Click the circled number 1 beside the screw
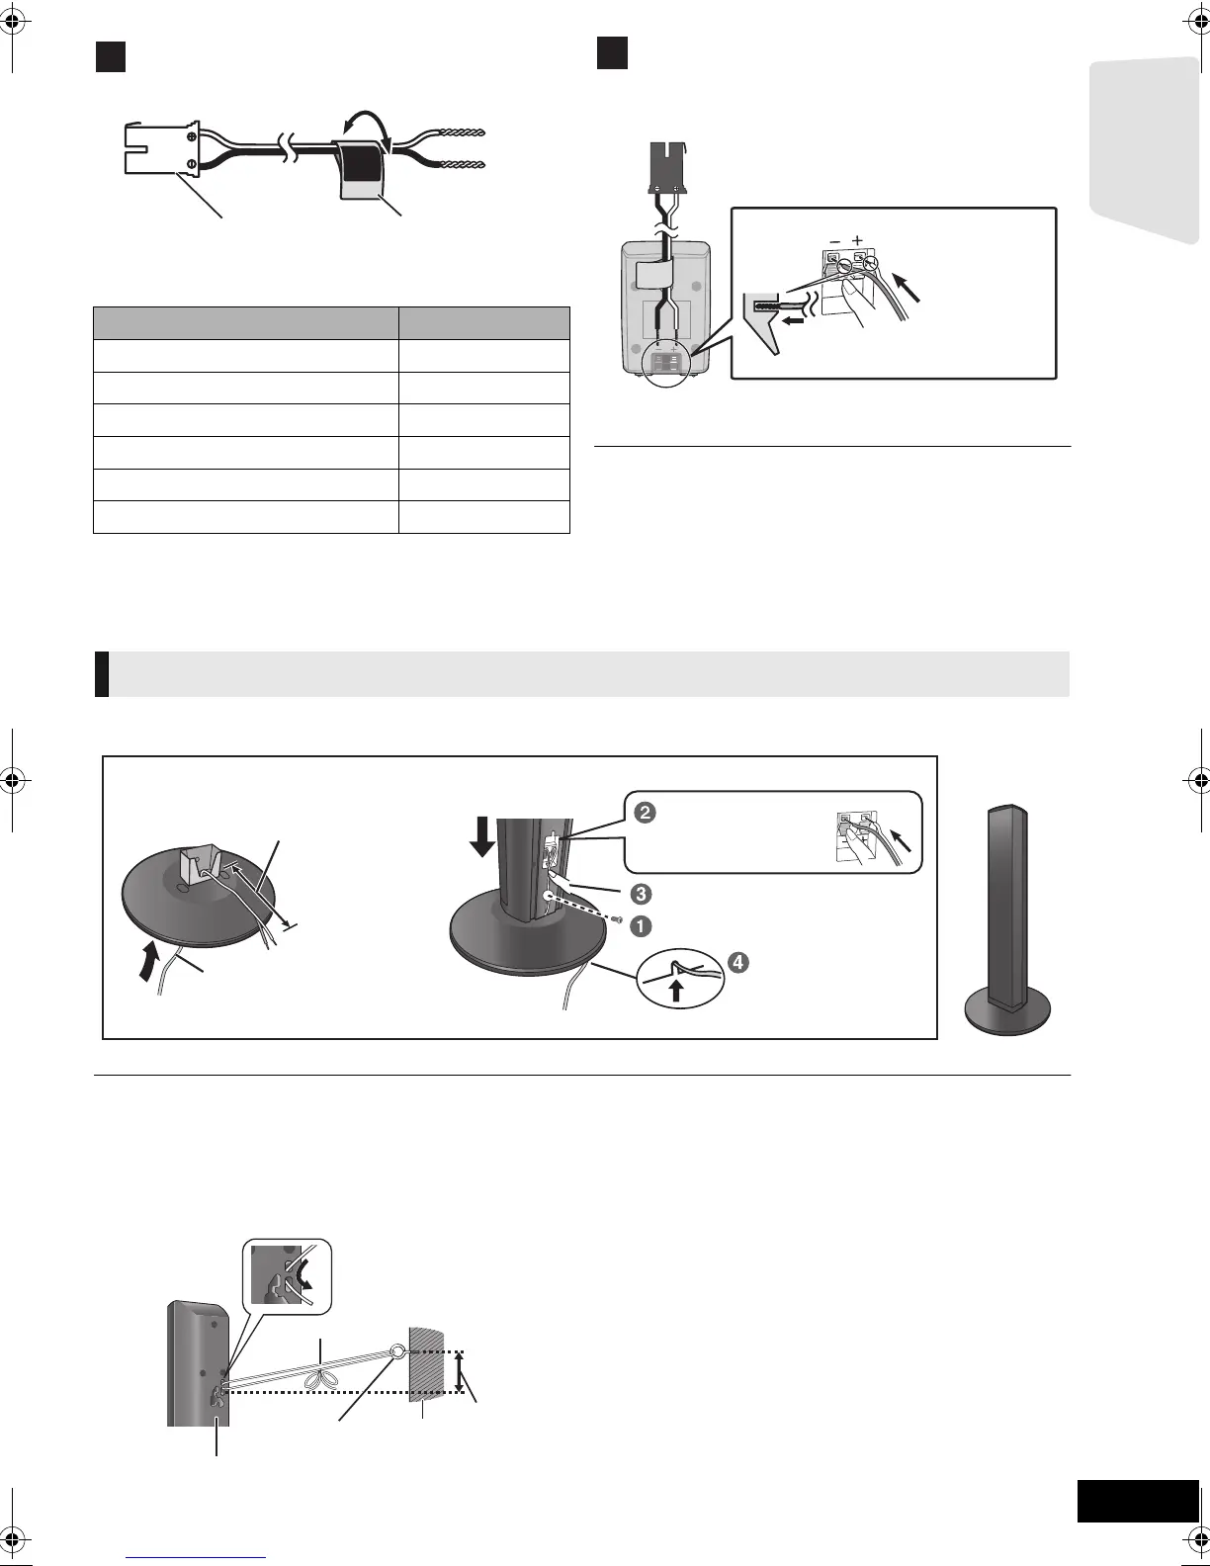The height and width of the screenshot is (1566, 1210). [643, 927]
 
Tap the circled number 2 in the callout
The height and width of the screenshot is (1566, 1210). [643, 814]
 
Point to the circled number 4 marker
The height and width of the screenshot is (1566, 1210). [737, 960]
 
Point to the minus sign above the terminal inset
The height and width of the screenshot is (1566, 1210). [835, 240]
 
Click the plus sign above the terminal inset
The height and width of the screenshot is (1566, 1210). [857, 240]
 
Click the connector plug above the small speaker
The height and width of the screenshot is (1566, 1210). [664, 166]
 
